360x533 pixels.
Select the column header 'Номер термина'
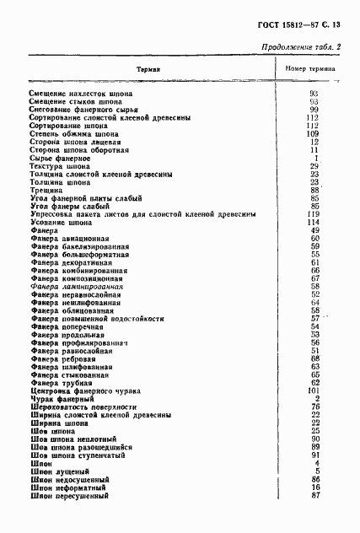[311, 68]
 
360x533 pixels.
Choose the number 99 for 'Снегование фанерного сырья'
[313, 110]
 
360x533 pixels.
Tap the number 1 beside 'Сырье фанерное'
[314, 158]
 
